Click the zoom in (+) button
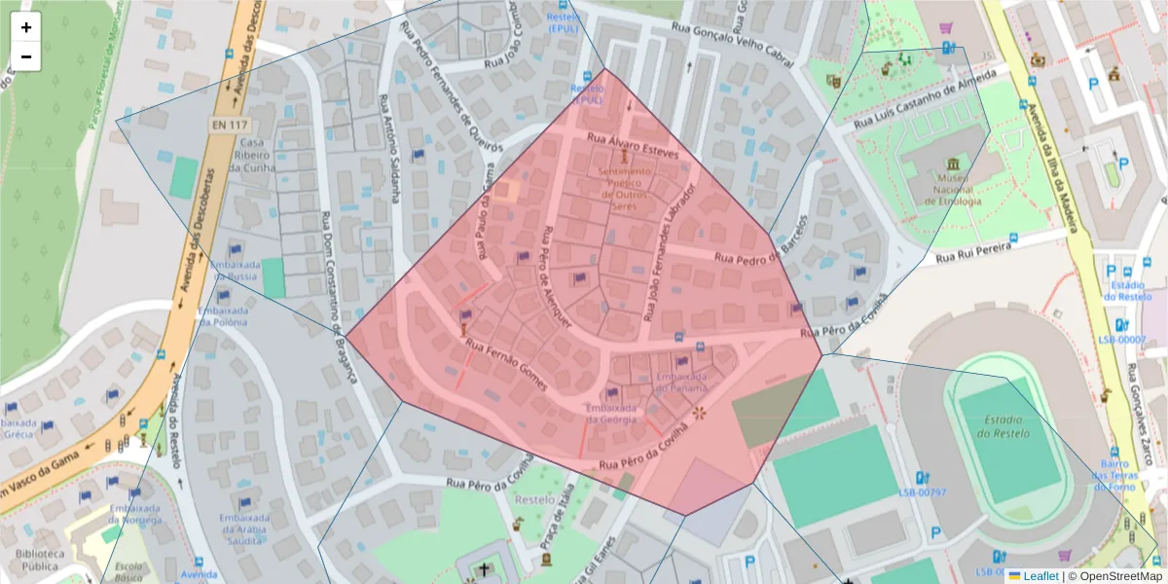click(26, 27)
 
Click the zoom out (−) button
click(26, 56)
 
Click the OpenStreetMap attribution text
click(1116, 576)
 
